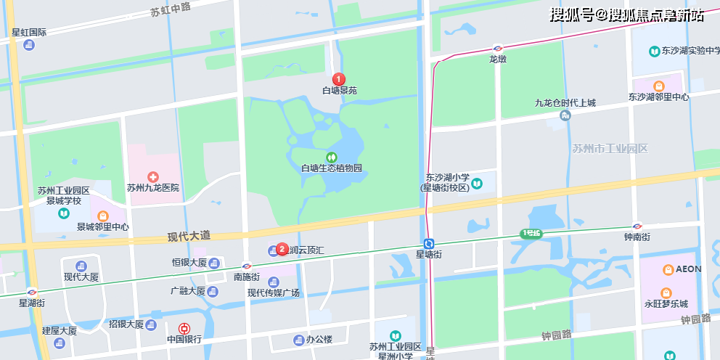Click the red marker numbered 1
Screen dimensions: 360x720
338,78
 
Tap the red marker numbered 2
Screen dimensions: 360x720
282,249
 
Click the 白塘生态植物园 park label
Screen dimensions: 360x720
332,168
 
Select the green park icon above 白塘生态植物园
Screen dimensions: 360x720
332,157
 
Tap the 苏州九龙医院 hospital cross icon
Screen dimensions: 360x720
152,176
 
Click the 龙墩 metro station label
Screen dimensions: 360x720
497,59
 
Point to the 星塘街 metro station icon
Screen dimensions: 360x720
430,244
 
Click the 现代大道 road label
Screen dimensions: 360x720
189,236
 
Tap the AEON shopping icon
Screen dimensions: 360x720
668,269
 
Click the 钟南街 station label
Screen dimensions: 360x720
637,237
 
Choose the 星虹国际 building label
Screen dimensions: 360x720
29,33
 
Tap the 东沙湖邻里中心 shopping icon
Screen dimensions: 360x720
658,86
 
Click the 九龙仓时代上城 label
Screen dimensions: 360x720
565,103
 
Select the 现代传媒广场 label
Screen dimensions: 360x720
273,292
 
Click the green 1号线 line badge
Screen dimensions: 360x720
531,233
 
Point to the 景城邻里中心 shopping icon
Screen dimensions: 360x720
103,216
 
